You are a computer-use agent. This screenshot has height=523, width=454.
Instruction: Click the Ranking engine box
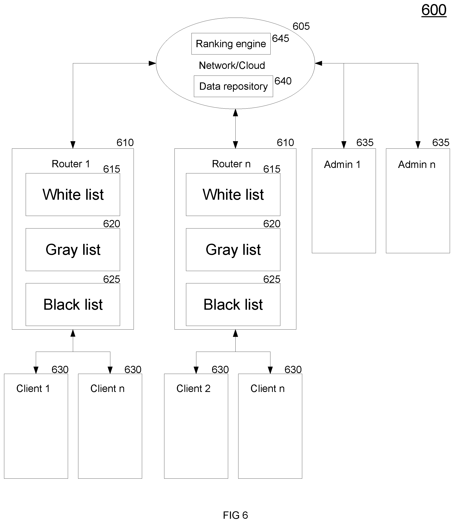click(231, 44)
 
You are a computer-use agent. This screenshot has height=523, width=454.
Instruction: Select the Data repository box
click(233, 86)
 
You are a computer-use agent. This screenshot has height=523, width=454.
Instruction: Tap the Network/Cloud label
click(232, 65)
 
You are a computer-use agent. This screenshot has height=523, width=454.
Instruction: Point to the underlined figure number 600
click(434, 10)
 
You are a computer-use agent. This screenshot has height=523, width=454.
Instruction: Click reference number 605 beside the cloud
click(301, 26)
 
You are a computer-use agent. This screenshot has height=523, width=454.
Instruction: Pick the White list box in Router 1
click(73, 194)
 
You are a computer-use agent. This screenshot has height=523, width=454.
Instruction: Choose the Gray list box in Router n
click(233, 250)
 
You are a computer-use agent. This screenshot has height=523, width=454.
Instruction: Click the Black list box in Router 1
click(73, 304)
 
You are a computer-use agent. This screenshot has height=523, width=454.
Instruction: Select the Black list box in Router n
click(233, 304)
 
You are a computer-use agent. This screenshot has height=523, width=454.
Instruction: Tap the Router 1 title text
click(71, 164)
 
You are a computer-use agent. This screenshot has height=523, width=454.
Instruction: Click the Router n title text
click(231, 164)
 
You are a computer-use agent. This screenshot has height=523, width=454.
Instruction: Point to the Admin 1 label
click(342, 164)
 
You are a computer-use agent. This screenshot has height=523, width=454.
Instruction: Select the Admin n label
click(417, 164)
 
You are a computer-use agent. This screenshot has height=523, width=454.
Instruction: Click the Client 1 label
click(33, 388)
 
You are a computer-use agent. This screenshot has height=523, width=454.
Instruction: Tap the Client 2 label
click(193, 388)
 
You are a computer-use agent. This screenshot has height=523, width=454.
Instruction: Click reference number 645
click(281, 38)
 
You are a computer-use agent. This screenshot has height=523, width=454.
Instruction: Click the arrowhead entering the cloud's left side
click(152, 63)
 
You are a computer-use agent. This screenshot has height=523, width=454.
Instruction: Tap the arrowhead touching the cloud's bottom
click(235, 113)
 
